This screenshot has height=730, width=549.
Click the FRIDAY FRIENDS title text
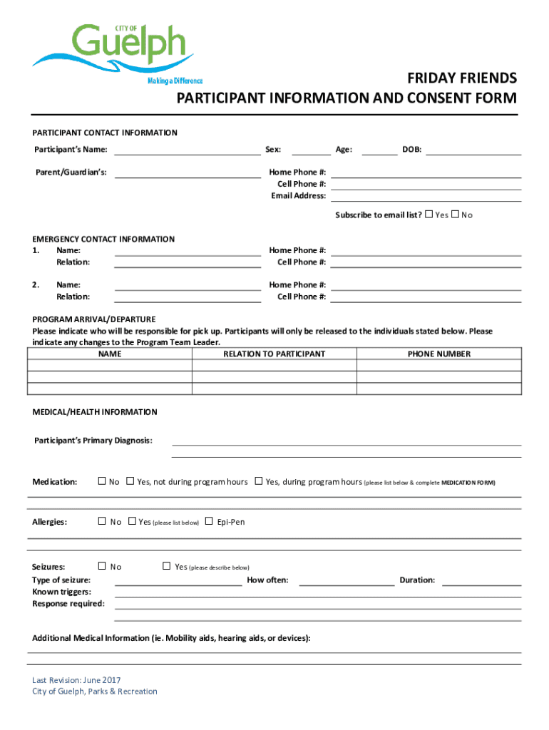pyautogui.click(x=462, y=78)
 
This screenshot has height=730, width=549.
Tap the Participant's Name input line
pyautogui.click(x=188, y=150)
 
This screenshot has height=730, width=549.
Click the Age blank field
pyautogui.click(x=380, y=150)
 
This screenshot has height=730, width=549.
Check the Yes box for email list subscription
pyautogui.click(x=429, y=215)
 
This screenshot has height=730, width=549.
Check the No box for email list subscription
pyautogui.click(x=456, y=215)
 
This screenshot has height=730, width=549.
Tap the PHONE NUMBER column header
pyautogui.click(x=438, y=354)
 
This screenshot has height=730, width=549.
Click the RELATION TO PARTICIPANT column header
pyautogui.click(x=274, y=354)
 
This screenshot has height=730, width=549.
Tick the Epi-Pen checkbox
pyautogui.click(x=209, y=521)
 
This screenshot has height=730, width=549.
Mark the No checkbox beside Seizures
pyautogui.click(x=102, y=566)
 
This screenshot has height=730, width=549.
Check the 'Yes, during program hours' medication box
pyautogui.click(x=259, y=481)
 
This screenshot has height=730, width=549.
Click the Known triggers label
pyautogui.click(x=61, y=592)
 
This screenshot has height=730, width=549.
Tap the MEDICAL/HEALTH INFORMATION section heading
pyautogui.click(x=95, y=412)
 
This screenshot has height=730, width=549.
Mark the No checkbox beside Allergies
pyautogui.click(x=102, y=521)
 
